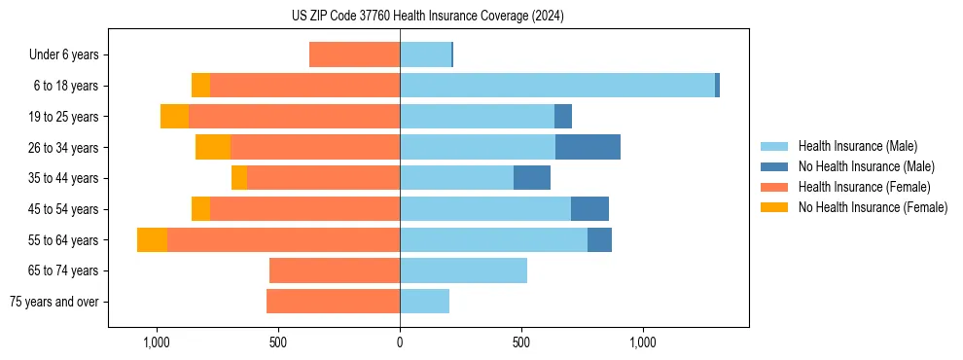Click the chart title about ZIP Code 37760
click(427, 16)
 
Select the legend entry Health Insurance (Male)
click(857, 146)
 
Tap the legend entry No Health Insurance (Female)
click(873, 207)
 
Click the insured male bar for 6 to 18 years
click(556, 86)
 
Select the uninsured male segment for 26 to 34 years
click(588, 147)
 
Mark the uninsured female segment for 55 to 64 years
click(152, 239)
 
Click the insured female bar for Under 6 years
click(354, 54)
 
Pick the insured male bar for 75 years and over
click(424, 302)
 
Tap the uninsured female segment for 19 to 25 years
click(174, 117)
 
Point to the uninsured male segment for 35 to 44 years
click(532, 178)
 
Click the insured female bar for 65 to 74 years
click(335, 270)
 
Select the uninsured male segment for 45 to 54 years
click(589, 209)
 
